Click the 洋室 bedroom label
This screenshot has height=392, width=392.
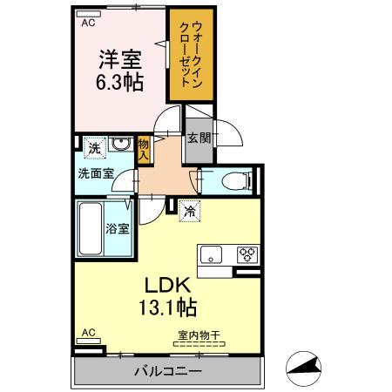coord(120,60)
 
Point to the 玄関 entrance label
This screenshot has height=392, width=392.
coord(199,138)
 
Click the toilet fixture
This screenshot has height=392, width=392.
coord(233,181)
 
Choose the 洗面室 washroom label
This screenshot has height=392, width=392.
coord(96,173)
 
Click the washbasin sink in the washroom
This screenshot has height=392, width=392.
coord(124,145)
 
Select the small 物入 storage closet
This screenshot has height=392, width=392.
coord(145,149)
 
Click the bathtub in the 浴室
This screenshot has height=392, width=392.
coord(91,229)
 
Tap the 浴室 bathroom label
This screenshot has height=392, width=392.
coord(118,229)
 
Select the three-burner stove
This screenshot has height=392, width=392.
coord(245,255)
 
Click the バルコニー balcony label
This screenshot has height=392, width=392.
coord(167,371)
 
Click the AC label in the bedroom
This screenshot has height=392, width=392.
coord(88,24)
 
